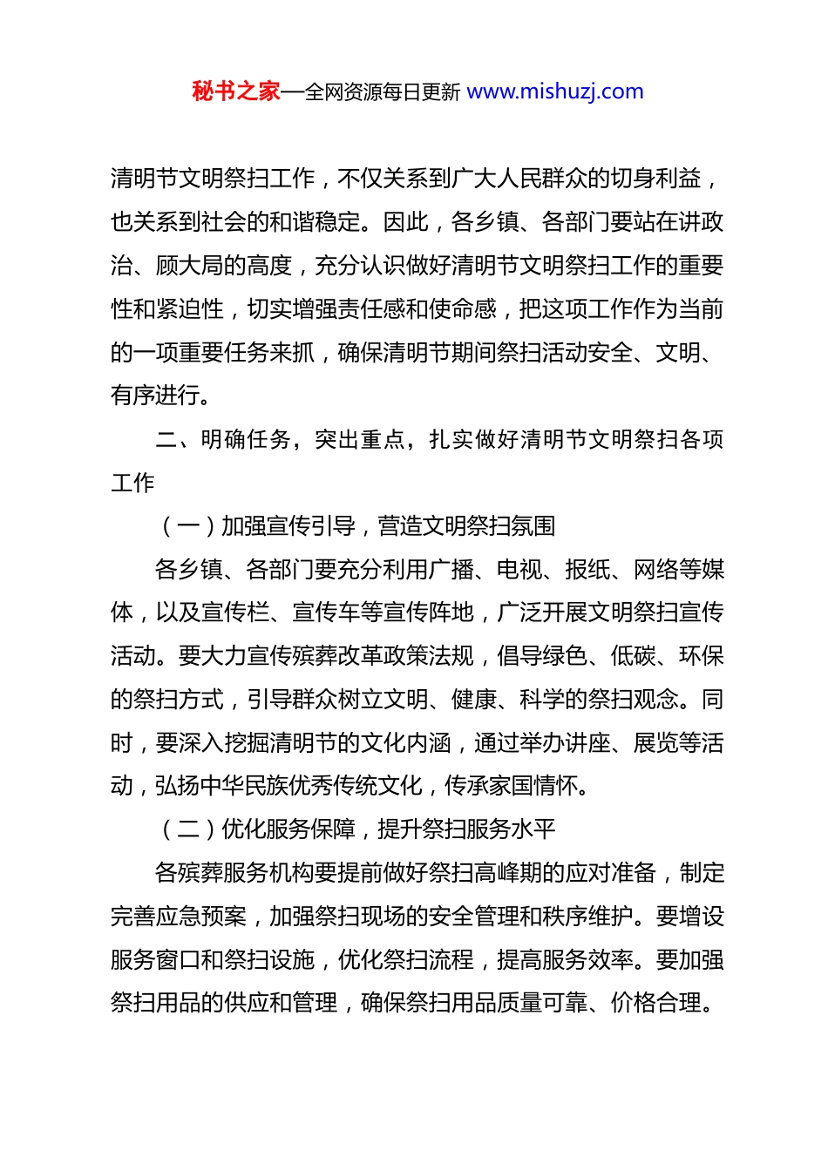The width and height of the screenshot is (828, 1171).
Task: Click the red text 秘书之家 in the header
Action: [x=236, y=91]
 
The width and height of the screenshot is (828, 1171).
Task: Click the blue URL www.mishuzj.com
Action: [x=555, y=91]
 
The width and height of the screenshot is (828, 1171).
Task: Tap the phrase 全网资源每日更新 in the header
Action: [x=383, y=92]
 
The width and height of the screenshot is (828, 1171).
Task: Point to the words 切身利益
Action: [x=656, y=179]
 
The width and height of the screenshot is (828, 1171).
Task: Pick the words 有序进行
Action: [x=156, y=396]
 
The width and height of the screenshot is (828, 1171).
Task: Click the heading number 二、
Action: [x=178, y=439]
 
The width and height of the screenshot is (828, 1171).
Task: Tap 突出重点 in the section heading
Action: [x=360, y=439]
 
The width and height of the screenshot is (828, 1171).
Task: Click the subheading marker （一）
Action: [x=189, y=526]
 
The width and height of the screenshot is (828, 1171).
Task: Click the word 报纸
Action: [x=587, y=570]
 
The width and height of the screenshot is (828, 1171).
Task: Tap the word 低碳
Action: [x=634, y=656]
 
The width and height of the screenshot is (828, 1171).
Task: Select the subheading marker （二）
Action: [x=189, y=829]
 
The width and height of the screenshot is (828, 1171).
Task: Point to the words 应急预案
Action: [x=201, y=917]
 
